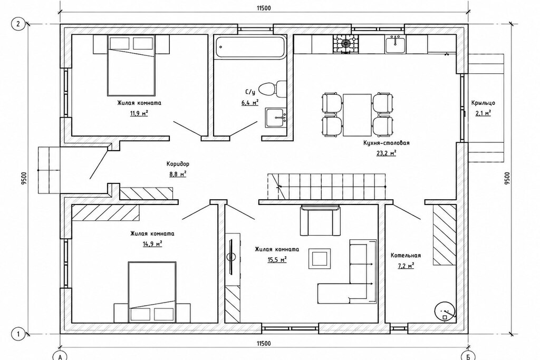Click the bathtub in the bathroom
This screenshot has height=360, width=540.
coord(250,47)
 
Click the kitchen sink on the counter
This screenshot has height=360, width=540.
coord(396,44)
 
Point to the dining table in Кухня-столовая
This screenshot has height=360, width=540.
coord(357,114)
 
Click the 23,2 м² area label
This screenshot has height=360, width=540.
coord(386,153)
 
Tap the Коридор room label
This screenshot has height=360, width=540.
coord(178,164)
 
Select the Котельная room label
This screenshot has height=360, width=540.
coord(406,255)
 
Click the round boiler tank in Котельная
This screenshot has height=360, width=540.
coord(445,311)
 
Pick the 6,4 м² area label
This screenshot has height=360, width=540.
coord(249,102)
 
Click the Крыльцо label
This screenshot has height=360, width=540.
coord(483,103)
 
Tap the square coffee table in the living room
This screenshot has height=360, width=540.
coord(320,259)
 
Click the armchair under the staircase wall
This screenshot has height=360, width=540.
coord(320,221)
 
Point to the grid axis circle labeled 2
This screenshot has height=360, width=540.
coord(17,24)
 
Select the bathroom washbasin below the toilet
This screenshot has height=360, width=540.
coord(275,118)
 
